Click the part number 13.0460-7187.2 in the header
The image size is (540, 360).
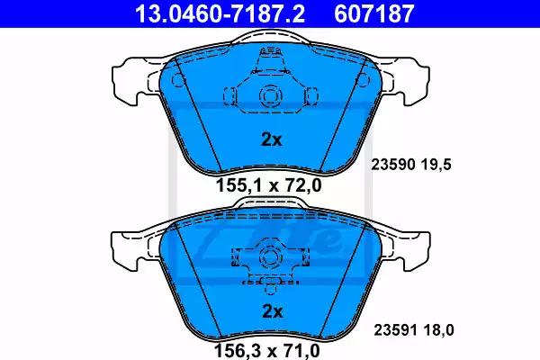220,13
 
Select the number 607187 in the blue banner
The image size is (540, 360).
374,13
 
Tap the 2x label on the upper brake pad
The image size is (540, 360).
272,139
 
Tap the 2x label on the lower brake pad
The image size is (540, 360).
273,311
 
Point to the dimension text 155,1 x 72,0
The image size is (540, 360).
268,185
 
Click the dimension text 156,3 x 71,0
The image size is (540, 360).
267,351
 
